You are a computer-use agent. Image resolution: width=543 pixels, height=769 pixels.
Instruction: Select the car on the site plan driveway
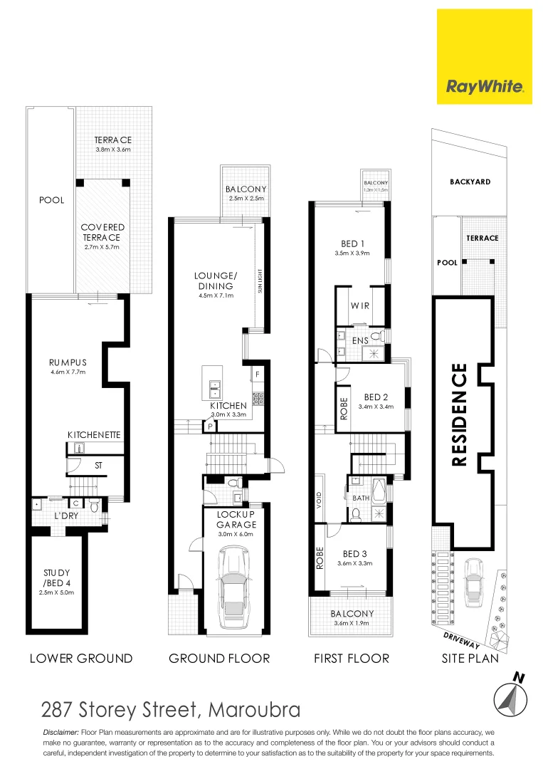473,581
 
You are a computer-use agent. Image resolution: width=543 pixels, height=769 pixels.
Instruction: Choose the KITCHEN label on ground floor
228,405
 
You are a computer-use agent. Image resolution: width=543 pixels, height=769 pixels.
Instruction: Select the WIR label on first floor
359,305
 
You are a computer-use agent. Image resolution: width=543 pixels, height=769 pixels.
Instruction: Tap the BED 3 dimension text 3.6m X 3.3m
354,563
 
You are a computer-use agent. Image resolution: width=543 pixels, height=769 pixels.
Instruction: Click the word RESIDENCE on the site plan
460,414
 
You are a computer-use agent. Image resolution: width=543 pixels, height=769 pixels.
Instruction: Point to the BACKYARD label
470,182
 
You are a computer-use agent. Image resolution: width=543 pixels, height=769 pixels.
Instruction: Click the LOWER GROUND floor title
81,658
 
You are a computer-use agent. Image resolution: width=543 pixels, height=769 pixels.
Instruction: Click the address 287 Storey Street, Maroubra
170,710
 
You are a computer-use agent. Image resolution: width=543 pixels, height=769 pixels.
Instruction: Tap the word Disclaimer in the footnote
61,733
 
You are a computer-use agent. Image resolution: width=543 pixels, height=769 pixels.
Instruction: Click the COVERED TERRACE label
102,232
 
